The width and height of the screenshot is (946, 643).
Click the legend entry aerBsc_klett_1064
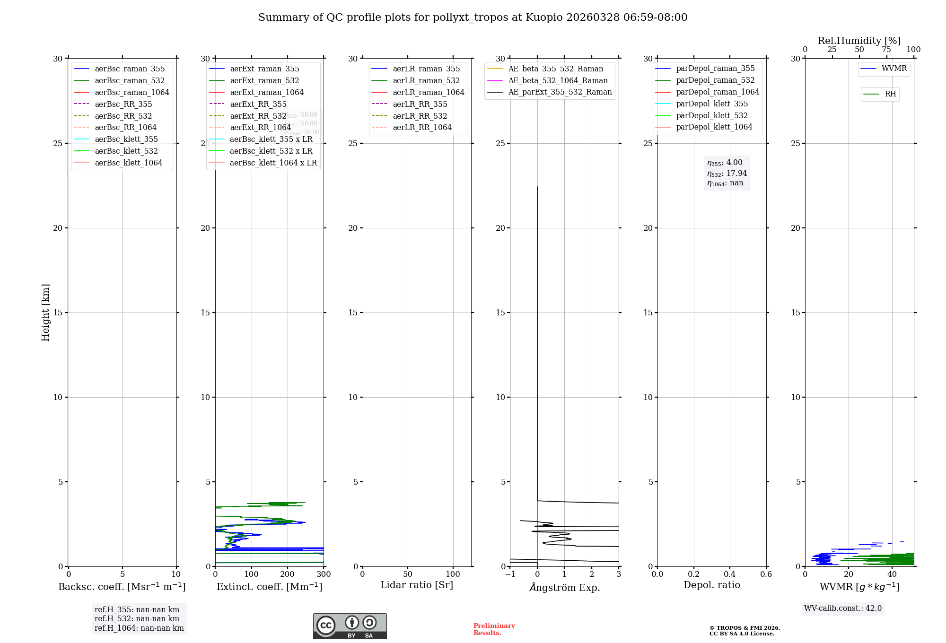tap(128, 163)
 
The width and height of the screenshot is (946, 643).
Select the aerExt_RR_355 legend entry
tap(258, 104)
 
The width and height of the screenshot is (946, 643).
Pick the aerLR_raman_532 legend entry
tap(426, 80)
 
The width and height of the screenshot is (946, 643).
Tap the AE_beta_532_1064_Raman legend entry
tap(558, 80)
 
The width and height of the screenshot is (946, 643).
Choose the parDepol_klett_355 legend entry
tap(711, 104)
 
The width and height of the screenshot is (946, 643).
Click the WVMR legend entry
tap(893, 69)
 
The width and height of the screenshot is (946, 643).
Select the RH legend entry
tap(890, 94)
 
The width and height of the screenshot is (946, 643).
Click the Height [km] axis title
tap(45, 313)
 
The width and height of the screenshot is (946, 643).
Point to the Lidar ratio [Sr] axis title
tap(417, 585)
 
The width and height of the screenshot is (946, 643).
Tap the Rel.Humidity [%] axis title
tap(859, 41)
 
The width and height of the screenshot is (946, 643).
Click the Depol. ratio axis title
tap(711, 585)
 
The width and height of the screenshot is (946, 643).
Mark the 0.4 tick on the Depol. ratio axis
tap(730, 574)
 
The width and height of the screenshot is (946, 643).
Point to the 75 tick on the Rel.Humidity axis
tap(886, 50)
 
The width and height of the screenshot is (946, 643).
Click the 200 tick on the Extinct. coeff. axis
tap(288, 574)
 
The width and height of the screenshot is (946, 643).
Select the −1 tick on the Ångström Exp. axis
tap(510, 574)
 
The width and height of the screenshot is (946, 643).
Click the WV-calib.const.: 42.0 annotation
tap(843, 608)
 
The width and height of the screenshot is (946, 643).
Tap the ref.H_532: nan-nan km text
tap(137, 619)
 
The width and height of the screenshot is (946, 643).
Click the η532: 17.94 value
tap(727, 174)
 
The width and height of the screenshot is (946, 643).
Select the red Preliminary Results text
tap(494, 629)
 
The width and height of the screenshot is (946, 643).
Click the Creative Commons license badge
tap(350, 626)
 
